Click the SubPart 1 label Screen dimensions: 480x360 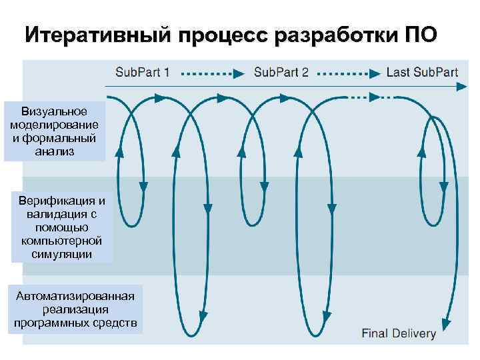tap(143, 73)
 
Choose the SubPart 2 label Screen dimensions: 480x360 tap(281, 73)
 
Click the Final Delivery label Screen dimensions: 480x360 tap(399, 333)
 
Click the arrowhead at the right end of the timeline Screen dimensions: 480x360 tap(461, 87)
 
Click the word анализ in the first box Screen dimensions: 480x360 tap(55, 151)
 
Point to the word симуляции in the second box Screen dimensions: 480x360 tap(62, 254)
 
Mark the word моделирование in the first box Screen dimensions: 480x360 tap(55, 125)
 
